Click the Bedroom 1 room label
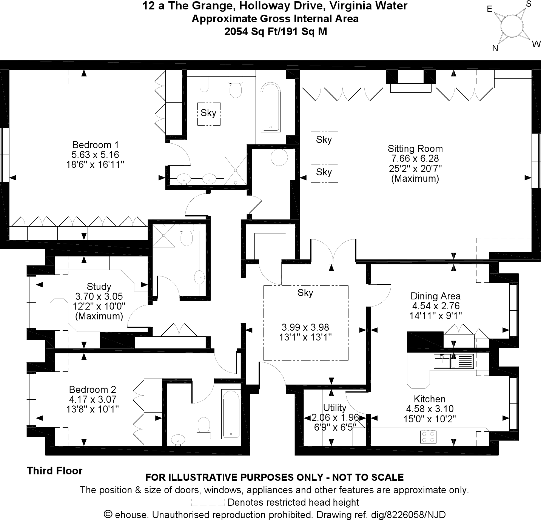pyautogui.click(x=95, y=145)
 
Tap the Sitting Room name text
pyautogui.click(x=415, y=149)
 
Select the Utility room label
pyautogui.click(x=334, y=408)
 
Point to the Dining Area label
pyautogui.click(x=435, y=296)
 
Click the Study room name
pyautogui.click(x=99, y=287)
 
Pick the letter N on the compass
pyautogui.click(x=495, y=48)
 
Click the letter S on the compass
pyautogui.click(x=529, y=4)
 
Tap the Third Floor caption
pyautogui.click(x=54, y=471)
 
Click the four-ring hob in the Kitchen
pyautogui.click(x=428, y=436)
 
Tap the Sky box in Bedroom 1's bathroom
pyautogui.click(x=208, y=113)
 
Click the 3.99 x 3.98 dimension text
pyautogui.click(x=305, y=327)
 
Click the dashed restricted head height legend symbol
pyautogui.click(x=208, y=503)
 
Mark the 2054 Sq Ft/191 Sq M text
pyautogui.click(x=275, y=32)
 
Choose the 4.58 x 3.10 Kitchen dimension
pyautogui.click(x=430, y=409)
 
